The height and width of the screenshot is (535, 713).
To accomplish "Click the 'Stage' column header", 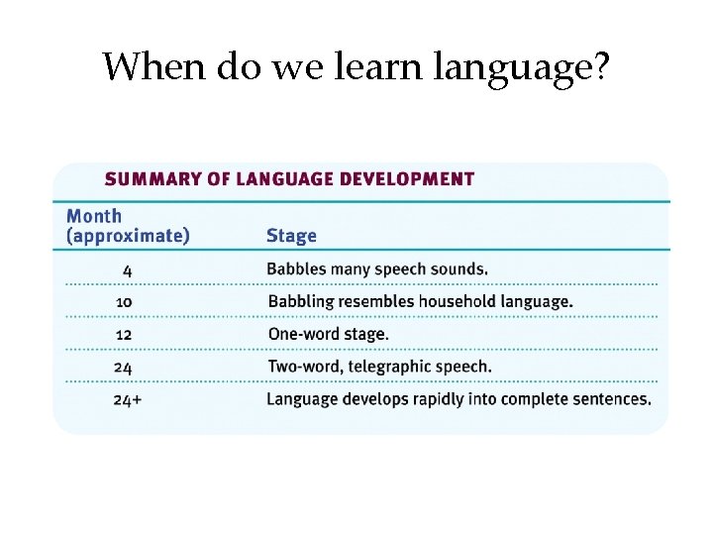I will [x=291, y=236].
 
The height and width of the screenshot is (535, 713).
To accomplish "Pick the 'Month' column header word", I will [x=94, y=216].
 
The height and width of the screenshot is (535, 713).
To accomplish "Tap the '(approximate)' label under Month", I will [x=127, y=236].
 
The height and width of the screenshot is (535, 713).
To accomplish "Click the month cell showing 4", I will [x=128, y=268].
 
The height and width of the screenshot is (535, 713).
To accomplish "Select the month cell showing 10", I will [x=124, y=301].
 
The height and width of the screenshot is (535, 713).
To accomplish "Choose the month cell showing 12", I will [x=124, y=334].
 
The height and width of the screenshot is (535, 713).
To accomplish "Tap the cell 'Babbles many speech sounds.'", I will [x=377, y=268].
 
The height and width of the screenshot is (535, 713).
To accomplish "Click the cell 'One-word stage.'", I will [x=328, y=334].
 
